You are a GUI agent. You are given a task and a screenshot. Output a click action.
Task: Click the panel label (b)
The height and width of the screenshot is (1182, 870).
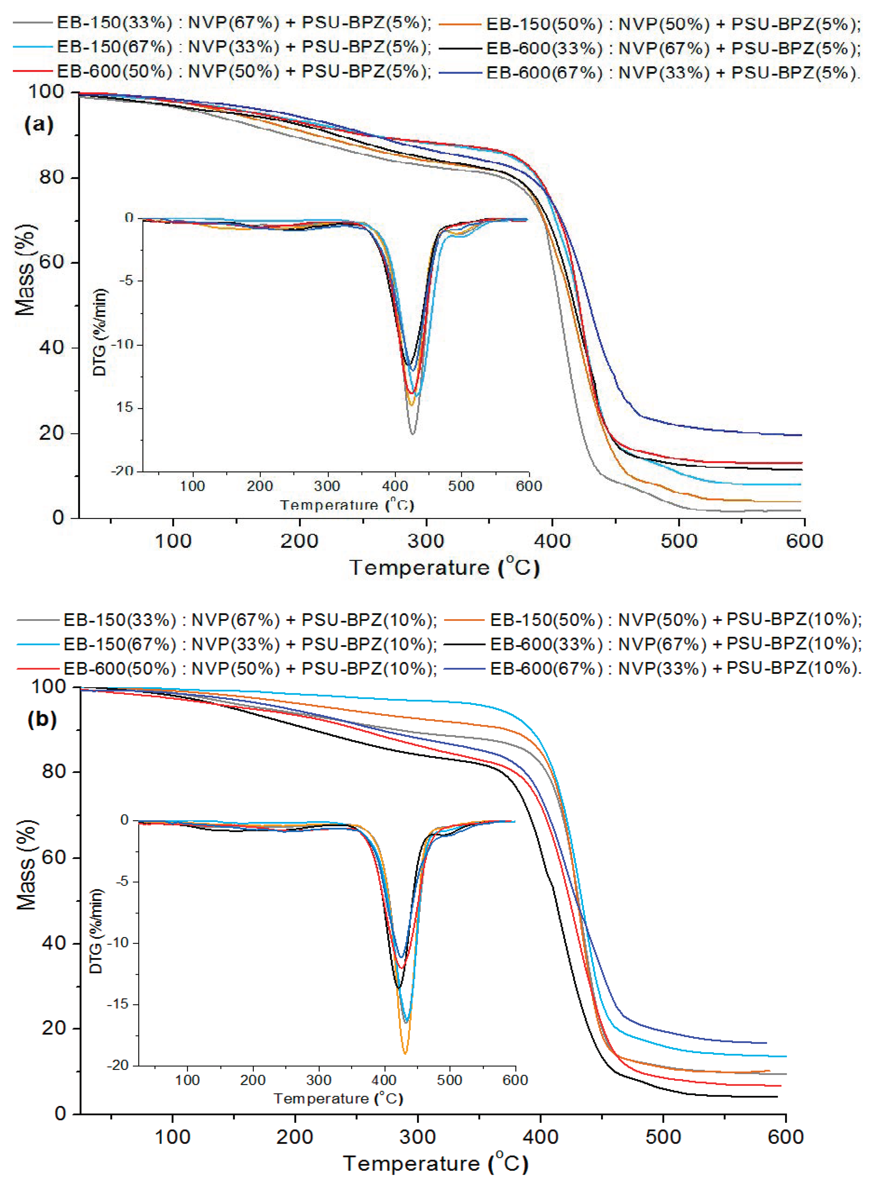click(x=42, y=719)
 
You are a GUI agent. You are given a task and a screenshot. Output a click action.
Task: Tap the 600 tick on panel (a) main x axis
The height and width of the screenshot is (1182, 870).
click(x=804, y=541)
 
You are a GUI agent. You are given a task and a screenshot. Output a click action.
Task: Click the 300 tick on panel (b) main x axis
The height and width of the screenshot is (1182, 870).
click(x=418, y=1137)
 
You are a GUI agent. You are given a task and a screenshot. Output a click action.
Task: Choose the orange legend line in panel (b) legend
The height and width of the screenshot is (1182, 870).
click(x=464, y=620)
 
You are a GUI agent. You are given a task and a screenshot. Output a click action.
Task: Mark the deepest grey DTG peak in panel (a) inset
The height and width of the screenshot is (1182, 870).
click(x=412, y=434)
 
